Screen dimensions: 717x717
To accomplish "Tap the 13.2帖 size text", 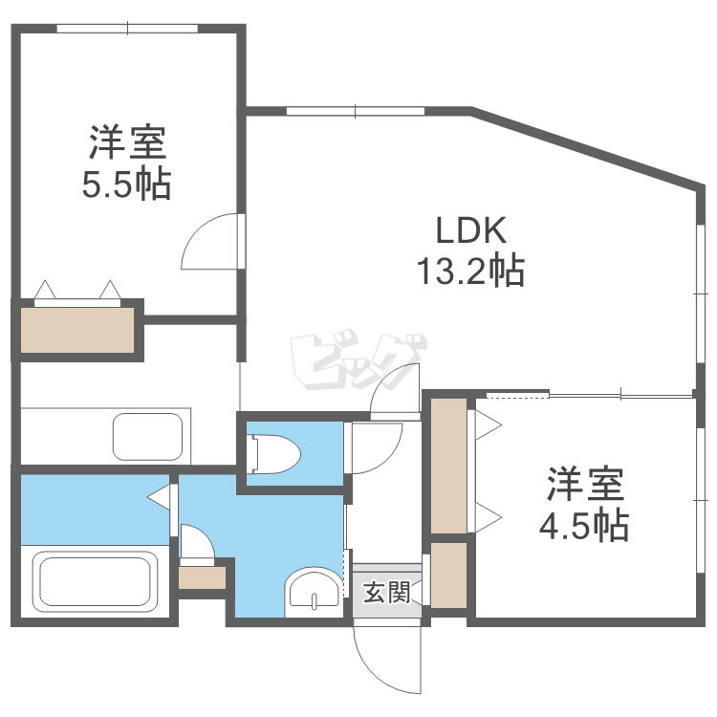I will [468, 272].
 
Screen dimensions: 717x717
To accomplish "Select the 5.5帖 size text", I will [126, 185].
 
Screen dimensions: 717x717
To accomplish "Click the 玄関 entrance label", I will [387, 594].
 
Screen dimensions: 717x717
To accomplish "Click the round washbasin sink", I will [314, 589].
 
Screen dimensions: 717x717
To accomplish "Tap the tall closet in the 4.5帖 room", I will [447, 466].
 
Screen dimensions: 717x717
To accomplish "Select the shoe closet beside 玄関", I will [448, 576].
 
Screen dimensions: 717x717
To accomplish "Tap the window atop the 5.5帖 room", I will [127, 29].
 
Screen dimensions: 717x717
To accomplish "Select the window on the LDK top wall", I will [355, 112].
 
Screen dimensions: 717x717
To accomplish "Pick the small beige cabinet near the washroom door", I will [202, 577].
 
